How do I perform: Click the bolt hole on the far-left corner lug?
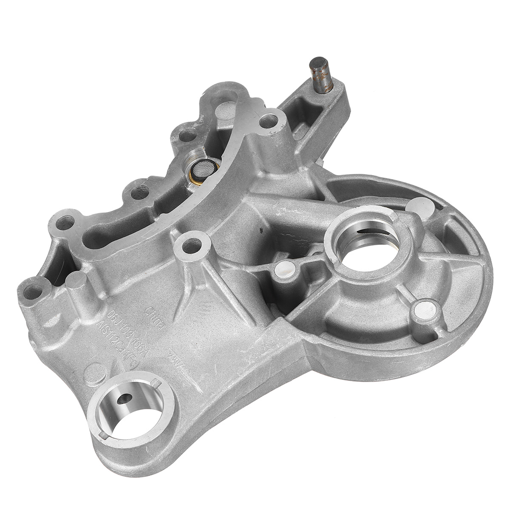tap(34, 292)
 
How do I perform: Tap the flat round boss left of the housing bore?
tap(284, 269)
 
